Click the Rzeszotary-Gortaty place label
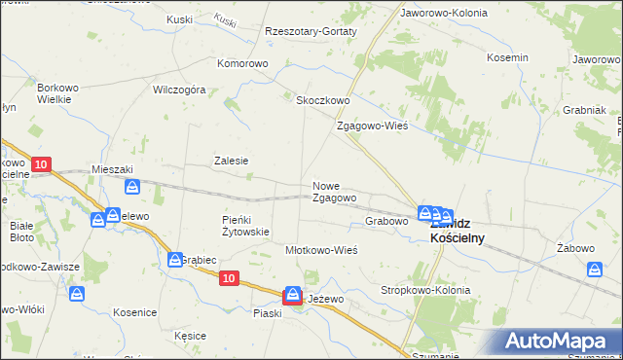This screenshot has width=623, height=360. click(311, 31)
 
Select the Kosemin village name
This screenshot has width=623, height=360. click(506, 57)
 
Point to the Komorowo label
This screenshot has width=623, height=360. click(242, 64)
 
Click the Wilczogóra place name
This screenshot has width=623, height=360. click(178, 90)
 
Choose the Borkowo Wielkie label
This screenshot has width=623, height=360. click(57, 93)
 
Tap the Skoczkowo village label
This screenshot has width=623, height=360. click(322, 100)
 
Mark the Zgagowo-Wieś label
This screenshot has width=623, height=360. click(371, 126)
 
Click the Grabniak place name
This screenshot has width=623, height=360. click(584, 110)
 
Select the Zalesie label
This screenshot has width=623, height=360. click(232, 162)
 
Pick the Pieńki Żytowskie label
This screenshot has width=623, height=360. click(245, 226)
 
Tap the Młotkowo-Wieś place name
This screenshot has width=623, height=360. click(321, 250)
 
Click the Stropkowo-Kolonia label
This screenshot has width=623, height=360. click(425, 291)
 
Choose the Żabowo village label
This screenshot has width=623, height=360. click(576, 248)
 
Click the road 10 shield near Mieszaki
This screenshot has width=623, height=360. click(40, 165)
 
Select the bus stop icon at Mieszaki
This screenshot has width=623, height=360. click(132, 186)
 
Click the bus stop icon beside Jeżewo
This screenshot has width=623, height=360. click(293, 297)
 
